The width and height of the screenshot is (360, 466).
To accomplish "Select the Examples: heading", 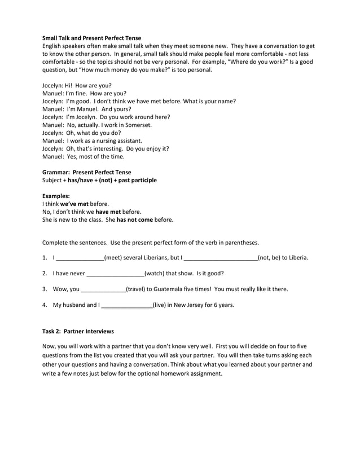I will coord(56,196).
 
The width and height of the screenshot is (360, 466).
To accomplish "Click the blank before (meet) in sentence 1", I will coord(80,258).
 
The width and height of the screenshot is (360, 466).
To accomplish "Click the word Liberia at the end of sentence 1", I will coord(296,258).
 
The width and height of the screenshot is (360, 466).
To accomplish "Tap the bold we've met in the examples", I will coord(74,204).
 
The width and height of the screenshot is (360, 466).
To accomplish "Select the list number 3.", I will coord(45,289).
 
